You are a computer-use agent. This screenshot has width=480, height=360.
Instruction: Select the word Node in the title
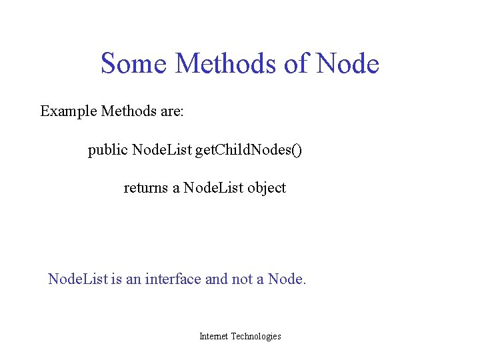(348, 64)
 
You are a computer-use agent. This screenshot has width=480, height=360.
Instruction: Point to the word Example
(68, 111)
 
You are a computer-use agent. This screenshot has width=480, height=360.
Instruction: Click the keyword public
(108, 151)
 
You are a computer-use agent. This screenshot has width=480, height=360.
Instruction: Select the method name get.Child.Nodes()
(248, 151)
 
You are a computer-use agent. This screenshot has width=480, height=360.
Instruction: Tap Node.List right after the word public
(162, 151)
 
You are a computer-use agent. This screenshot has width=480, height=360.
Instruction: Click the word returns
(146, 188)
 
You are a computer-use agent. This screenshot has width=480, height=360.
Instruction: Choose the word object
(267, 188)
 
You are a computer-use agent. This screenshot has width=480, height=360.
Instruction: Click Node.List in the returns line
(213, 188)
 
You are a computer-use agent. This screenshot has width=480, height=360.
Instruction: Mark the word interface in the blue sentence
(173, 279)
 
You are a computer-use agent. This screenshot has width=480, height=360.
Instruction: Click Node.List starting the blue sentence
(77, 279)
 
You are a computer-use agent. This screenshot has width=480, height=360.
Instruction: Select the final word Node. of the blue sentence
(287, 279)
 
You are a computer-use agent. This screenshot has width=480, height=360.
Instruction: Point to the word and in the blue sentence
(216, 279)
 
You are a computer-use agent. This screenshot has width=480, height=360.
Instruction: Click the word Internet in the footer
(213, 337)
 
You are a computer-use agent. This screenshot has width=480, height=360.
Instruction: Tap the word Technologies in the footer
(256, 337)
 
